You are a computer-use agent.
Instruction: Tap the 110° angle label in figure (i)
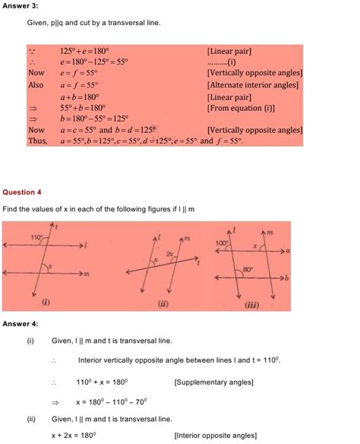click(36, 238)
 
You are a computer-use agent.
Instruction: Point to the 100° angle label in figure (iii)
click(222, 243)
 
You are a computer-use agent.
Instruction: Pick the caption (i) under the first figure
click(46, 303)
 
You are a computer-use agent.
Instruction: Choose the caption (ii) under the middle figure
click(163, 305)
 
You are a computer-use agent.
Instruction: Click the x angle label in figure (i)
click(49, 266)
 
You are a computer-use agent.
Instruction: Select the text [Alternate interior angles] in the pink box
click(254, 85)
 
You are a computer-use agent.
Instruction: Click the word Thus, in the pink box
click(38, 141)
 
